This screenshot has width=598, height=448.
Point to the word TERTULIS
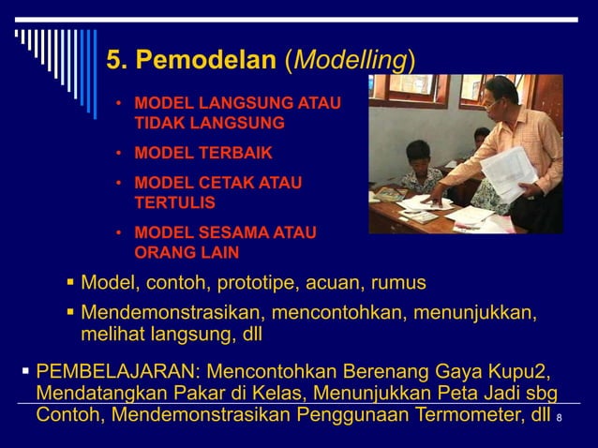point(174,202)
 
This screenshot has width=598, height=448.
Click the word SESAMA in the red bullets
point(227,232)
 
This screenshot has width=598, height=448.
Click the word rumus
point(398,282)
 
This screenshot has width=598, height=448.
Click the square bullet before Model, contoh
point(71,283)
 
